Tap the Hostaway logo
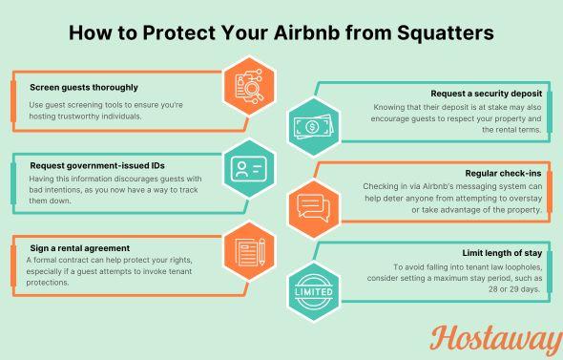pyautogui.click(x=495, y=338)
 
